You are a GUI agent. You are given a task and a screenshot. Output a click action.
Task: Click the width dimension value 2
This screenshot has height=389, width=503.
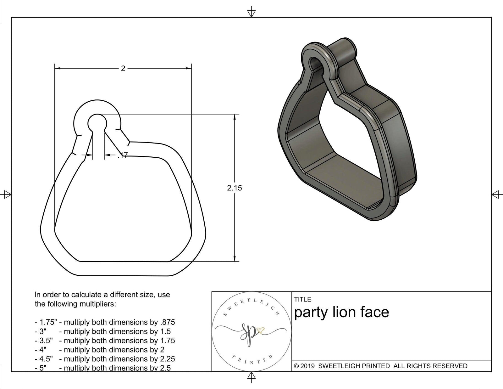(123, 68)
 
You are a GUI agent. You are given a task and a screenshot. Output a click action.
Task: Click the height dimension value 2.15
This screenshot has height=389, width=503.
(235, 188)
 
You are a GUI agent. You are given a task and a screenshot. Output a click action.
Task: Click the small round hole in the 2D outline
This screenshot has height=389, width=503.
(97, 122)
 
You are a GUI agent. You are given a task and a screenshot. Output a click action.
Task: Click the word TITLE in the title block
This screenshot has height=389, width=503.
(303, 299)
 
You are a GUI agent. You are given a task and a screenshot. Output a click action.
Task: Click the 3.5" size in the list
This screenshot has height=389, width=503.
(46, 341)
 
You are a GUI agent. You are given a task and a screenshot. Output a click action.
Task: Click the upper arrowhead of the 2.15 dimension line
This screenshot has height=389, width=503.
(235, 117)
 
